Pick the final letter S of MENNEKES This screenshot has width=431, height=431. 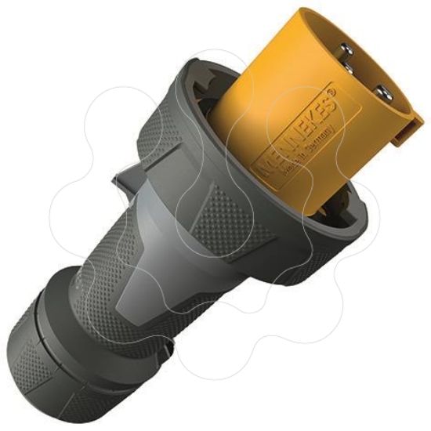coord(327,103)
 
